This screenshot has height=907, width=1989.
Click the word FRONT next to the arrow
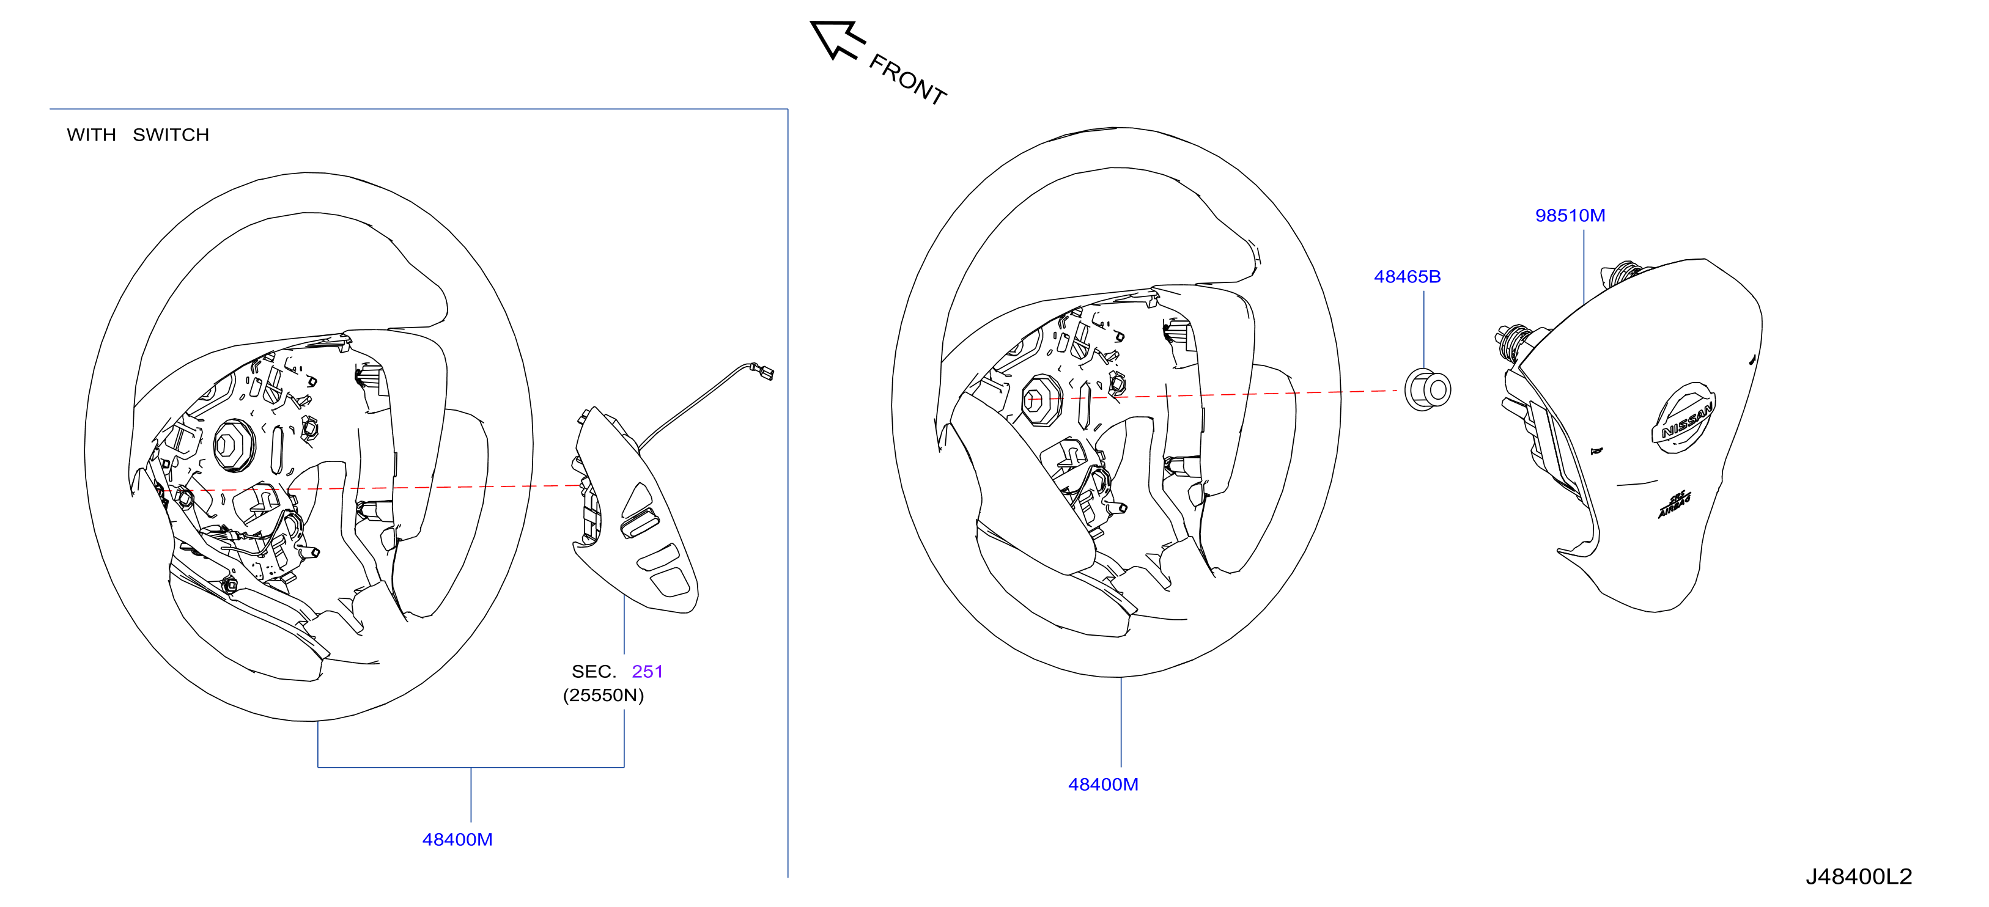tap(908, 79)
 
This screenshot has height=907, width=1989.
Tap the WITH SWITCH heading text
tap(138, 135)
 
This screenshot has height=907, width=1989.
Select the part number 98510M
tap(1570, 215)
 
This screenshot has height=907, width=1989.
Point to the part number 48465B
tap(1407, 276)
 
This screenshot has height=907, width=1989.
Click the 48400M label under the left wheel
tap(457, 839)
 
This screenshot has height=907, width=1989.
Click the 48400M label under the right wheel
tap(1102, 784)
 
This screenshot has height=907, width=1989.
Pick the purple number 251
tap(647, 672)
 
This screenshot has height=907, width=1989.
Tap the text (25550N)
tap(603, 696)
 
